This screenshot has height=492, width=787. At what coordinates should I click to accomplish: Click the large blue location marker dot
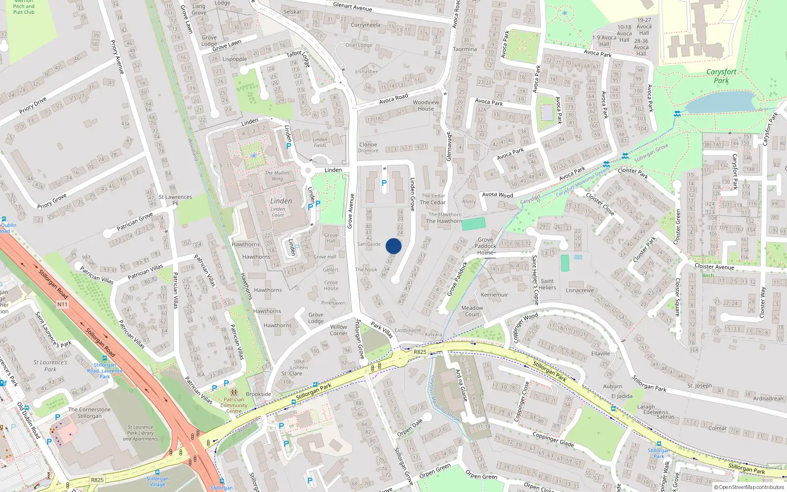click(393, 246)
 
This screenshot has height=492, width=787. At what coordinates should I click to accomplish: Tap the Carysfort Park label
click(721, 76)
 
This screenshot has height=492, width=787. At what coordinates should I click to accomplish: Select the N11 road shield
click(62, 305)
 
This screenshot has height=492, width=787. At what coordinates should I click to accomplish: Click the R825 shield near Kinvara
click(420, 352)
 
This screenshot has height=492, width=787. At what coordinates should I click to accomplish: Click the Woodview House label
click(426, 105)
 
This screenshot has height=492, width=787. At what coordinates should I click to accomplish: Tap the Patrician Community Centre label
click(234, 405)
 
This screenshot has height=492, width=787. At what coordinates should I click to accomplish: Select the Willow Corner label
click(338, 330)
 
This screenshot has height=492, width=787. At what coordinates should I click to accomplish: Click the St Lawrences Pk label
click(175, 199)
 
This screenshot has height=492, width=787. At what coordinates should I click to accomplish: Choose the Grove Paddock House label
click(485, 246)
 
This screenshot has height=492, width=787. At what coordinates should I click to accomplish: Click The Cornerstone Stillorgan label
click(90, 412)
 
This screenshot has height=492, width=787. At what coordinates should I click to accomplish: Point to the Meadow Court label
click(472, 311)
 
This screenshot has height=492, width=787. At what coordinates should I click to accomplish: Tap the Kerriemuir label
click(494, 295)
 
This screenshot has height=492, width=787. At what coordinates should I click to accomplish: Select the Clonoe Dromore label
click(368, 148)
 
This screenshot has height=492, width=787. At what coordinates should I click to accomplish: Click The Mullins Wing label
click(277, 176)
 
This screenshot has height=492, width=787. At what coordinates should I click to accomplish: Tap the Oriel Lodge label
click(359, 45)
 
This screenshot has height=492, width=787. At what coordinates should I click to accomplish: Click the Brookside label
click(259, 394)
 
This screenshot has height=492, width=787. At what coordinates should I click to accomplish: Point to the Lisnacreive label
click(579, 290)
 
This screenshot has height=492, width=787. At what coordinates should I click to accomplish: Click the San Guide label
click(369, 244)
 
